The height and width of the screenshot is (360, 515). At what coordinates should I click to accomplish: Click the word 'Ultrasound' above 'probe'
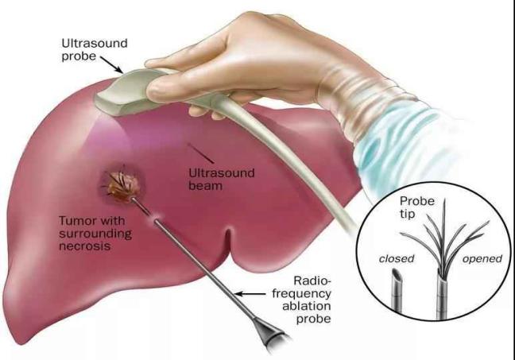[95, 43]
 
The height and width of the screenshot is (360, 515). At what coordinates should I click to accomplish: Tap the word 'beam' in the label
[205, 186]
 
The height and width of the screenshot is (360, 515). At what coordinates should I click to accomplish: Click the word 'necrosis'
[84, 246]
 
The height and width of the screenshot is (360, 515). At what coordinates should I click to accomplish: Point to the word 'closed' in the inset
[397, 259]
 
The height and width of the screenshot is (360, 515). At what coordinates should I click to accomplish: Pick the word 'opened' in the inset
[482, 259]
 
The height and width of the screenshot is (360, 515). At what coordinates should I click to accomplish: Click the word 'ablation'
[307, 306]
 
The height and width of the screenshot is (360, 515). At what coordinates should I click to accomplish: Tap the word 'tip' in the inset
[407, 214]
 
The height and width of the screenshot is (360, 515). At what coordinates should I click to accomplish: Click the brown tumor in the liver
[123, 187]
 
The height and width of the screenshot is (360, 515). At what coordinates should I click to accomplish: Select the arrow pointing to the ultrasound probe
[111, 64]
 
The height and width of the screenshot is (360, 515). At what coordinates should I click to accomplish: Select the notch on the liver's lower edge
[229, 241]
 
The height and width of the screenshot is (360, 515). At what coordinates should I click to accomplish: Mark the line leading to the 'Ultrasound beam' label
[201, 153]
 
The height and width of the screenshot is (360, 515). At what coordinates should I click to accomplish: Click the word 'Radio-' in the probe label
[312, 281]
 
